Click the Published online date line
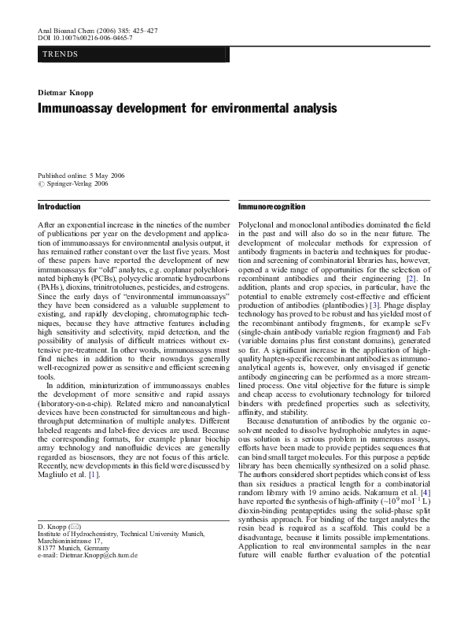point(81,176)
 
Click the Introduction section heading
point(60,207)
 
